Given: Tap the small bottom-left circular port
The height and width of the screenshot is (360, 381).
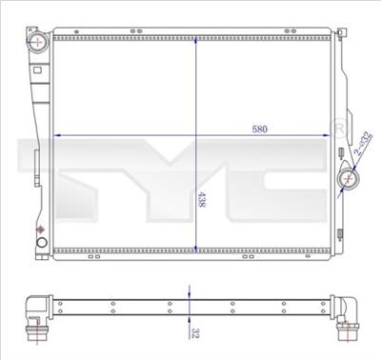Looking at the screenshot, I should tap(41, 250).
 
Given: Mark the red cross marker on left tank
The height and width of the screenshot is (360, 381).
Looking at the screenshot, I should tap(40, 230).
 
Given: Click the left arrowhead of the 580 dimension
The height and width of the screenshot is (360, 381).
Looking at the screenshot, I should tap(57, 135).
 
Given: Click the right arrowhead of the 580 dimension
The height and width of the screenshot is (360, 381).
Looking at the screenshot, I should tap(333, 135).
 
